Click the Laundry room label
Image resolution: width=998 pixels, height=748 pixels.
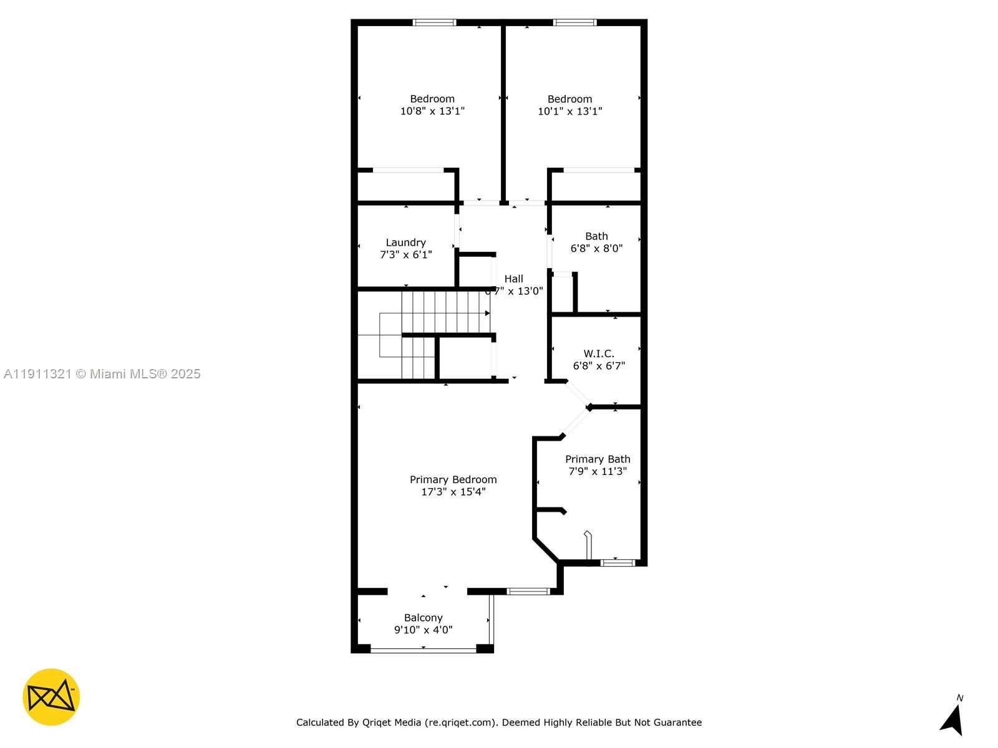[405, 242]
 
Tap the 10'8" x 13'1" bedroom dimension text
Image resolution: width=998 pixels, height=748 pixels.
[432, 111]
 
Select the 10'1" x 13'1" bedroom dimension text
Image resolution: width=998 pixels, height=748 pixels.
[569, 111]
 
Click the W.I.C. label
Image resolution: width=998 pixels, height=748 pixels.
[599, 353]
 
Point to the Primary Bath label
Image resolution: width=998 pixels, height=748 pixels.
[598, 459]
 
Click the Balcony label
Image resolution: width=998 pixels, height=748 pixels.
[423, 618]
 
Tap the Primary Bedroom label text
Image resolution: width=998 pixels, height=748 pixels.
[453, 479]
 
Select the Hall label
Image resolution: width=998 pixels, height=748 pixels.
[514, 279]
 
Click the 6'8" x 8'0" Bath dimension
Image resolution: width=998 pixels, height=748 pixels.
[596, 248]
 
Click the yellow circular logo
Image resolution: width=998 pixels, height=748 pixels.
[51, 697]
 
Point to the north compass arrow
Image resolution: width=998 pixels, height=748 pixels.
[952, 720]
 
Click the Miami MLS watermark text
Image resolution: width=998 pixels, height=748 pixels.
[102, 374]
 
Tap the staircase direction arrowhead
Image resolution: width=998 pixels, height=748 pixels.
[487, 314]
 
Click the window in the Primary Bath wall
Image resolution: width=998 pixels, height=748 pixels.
[618, 563]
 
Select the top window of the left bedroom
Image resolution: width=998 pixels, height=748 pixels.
[434, 23]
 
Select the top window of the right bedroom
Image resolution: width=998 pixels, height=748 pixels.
[574, 23]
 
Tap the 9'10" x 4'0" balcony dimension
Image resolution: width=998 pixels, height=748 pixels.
[423, 630]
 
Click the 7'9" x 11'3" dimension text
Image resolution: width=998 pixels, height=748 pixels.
[598, 471]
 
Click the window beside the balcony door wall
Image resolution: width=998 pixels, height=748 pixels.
[528, 591]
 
